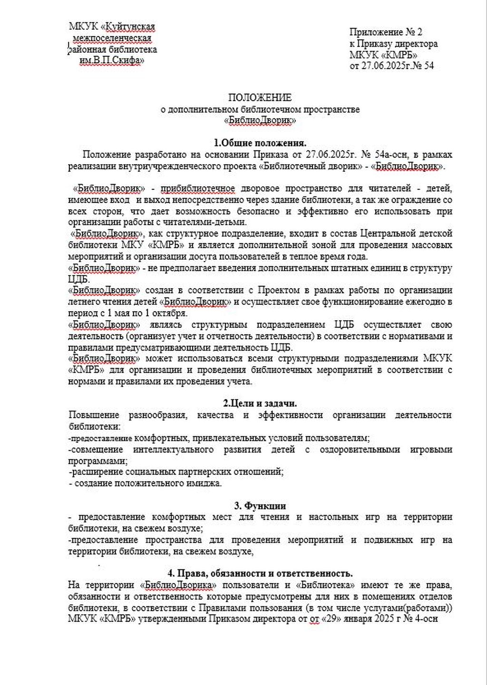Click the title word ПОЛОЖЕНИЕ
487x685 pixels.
[x=260, y=98]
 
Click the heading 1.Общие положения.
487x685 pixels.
[x=260, y=143]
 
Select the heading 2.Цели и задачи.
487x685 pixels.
[x=260, y=403]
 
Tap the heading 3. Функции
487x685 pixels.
[x=260, y=506]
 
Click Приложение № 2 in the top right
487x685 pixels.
[x=386, y=32]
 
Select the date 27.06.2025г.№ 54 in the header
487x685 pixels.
[x=392, y=66]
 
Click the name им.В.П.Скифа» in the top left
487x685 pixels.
[x=112, y=60]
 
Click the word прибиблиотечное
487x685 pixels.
[x=198, y=188]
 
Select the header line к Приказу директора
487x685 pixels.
[x=394, y=44]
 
